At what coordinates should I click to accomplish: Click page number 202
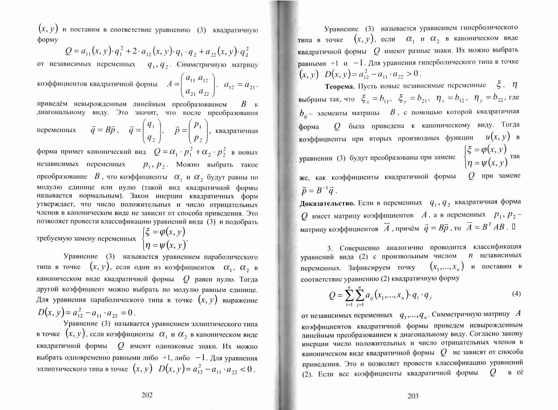147,395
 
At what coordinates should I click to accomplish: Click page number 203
413,396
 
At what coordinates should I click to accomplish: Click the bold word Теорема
339,87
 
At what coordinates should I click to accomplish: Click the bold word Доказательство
327,204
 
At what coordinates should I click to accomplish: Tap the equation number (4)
516,294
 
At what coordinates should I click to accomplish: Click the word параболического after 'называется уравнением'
231,257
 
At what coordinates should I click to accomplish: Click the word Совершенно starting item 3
359,248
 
